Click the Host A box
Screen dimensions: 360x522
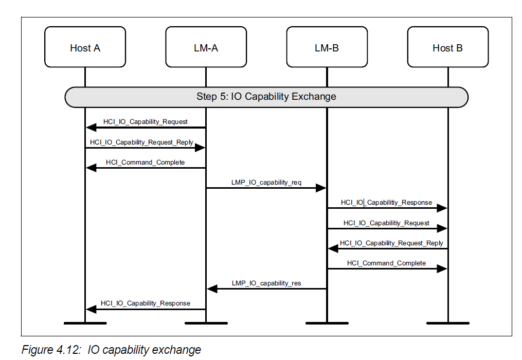click(85, 47)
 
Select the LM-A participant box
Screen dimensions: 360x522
click(206, 47)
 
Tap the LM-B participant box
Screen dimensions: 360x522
click(327, 47)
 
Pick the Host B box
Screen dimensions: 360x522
click(447, 47)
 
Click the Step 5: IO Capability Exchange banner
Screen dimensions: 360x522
click(266, 97)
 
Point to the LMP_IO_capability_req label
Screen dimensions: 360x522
click(266, 183)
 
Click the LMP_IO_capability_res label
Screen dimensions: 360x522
click(266, 283)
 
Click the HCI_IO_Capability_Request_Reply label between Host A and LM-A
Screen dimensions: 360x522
click(141, 142)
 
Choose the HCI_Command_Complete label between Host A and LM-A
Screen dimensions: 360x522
click(145, 162)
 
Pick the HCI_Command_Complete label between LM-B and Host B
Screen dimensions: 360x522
click(386, 263)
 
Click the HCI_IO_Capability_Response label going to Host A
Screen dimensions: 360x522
click(145, 303)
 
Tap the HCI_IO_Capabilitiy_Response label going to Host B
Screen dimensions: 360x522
click(386, 203)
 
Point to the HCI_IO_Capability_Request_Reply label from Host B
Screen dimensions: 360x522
click(391, 243)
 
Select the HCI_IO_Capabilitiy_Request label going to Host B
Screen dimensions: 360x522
click(386, 223)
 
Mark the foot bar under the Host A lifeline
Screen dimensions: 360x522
click(85, 323)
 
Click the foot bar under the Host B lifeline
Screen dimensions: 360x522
click(447, 323)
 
